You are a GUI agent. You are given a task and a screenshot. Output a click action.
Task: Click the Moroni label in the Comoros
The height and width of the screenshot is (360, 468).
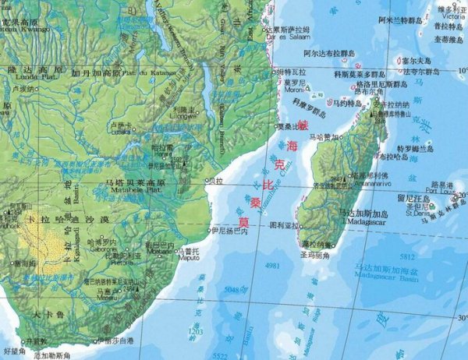point(295,86)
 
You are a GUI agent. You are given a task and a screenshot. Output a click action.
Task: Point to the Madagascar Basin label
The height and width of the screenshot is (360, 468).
point(384,275)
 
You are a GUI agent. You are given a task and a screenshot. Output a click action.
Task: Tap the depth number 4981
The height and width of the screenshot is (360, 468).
point(272,266)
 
